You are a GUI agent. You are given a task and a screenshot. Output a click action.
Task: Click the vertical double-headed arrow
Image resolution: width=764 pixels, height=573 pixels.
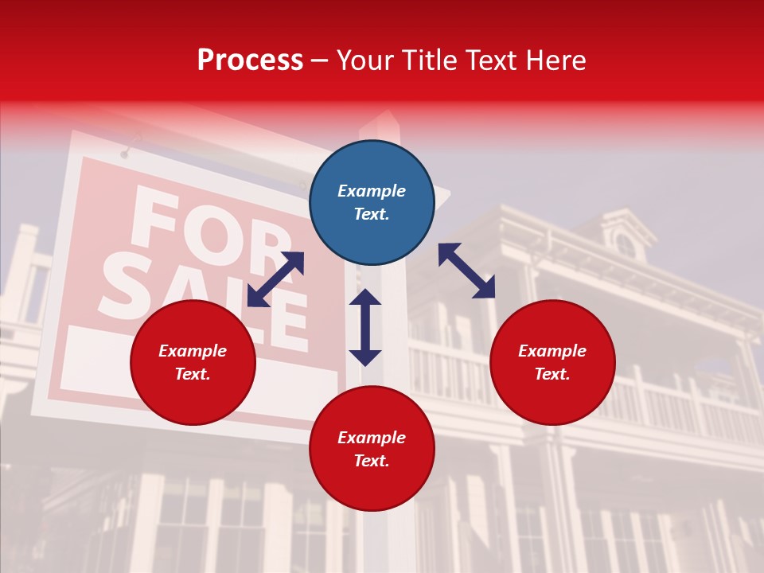pyautogui.click(x=365, y=327)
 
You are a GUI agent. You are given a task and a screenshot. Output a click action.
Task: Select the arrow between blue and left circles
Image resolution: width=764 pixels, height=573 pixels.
pyautogui.click(x=275, y=279)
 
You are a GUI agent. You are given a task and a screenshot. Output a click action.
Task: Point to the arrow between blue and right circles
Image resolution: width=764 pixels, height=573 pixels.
pyautogui.click(x=466, y=271)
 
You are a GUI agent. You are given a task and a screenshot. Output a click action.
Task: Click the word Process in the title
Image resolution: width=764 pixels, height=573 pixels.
pyautogui.click(x=250, y=60)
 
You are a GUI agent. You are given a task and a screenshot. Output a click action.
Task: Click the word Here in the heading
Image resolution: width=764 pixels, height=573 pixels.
pyautogui.click(x=556, y=60)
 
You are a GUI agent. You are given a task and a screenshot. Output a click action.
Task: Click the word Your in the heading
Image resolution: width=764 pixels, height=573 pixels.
pyautogui.click(x=366, y=60)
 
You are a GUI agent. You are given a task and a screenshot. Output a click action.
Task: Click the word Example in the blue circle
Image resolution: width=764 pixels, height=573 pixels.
pyautogui.click(x=372, y=191)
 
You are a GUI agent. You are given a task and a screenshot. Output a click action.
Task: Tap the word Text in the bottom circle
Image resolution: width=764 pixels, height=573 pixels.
pyautogui.click(x=372, y=461)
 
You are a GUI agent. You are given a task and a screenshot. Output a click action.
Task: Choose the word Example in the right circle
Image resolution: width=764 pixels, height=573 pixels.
pyautogui.click(x=552, y=351)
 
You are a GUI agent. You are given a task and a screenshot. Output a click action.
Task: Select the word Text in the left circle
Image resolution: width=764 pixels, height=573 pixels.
pyautogui.click(x=193, y=374)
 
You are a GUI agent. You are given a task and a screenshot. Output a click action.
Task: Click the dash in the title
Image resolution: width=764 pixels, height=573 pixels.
pyautogui.click(x=320, y=60)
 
